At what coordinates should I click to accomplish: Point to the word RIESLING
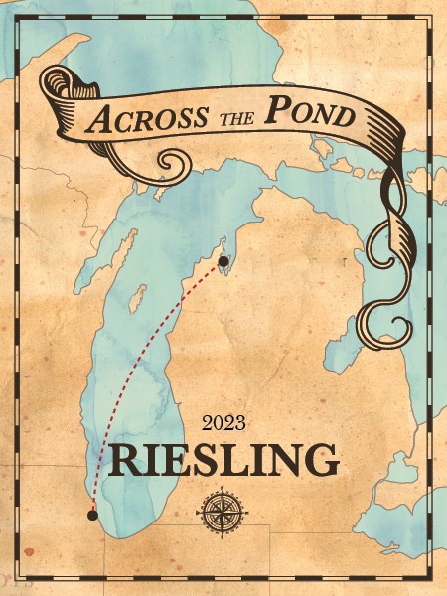tap(223, 461)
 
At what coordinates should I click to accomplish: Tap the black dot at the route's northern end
tap(223, 261)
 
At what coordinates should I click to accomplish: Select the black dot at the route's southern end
tap(92, 515)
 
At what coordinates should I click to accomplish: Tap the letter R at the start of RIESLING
tap(125, 461)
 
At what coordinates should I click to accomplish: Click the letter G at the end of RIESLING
tap(321, 461)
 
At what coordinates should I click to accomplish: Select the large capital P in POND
tap(275, 111)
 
